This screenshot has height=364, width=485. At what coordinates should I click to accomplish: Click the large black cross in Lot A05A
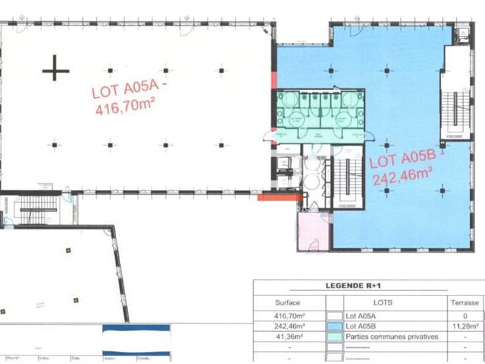56,68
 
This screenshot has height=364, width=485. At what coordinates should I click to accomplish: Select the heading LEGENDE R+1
368,286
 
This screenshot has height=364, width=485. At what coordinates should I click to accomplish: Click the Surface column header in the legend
288,302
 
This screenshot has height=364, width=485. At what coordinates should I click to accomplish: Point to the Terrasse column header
464,302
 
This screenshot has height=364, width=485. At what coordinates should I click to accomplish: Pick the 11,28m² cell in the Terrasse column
464,325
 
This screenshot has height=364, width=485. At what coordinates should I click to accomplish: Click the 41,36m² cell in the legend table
288,336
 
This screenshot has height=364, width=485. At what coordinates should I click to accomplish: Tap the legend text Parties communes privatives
392,336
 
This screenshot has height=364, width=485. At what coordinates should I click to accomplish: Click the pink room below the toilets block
313,231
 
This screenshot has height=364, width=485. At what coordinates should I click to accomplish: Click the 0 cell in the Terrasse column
464,315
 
